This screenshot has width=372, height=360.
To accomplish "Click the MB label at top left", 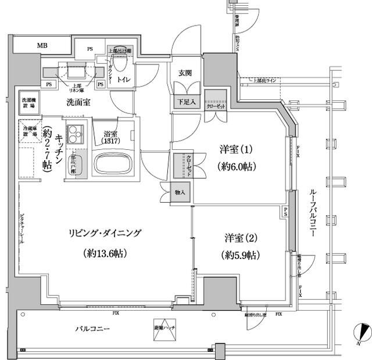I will [x=43, y=46].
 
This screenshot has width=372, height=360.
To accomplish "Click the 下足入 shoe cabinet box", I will [x=186, y=101].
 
